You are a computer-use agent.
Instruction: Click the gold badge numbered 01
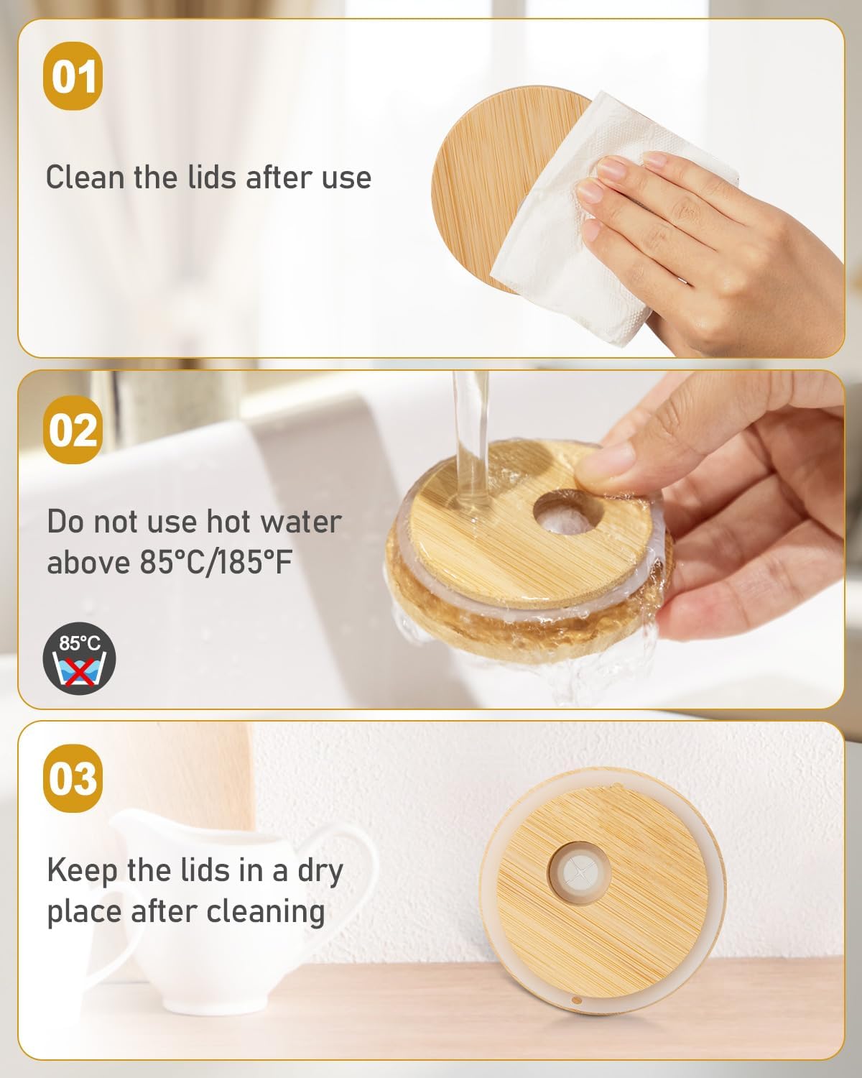click(x=73, y=76)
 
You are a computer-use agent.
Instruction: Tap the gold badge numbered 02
click(x=73, y=429)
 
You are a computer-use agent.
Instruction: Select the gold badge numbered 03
click(x=73, y=778)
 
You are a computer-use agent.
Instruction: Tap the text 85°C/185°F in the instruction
click(x=216, y=562)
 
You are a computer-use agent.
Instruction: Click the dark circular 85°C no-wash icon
click(x=80, y=658)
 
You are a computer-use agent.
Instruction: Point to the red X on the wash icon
click(x=80, y=671)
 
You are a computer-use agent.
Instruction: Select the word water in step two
click(x=302, y=522)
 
